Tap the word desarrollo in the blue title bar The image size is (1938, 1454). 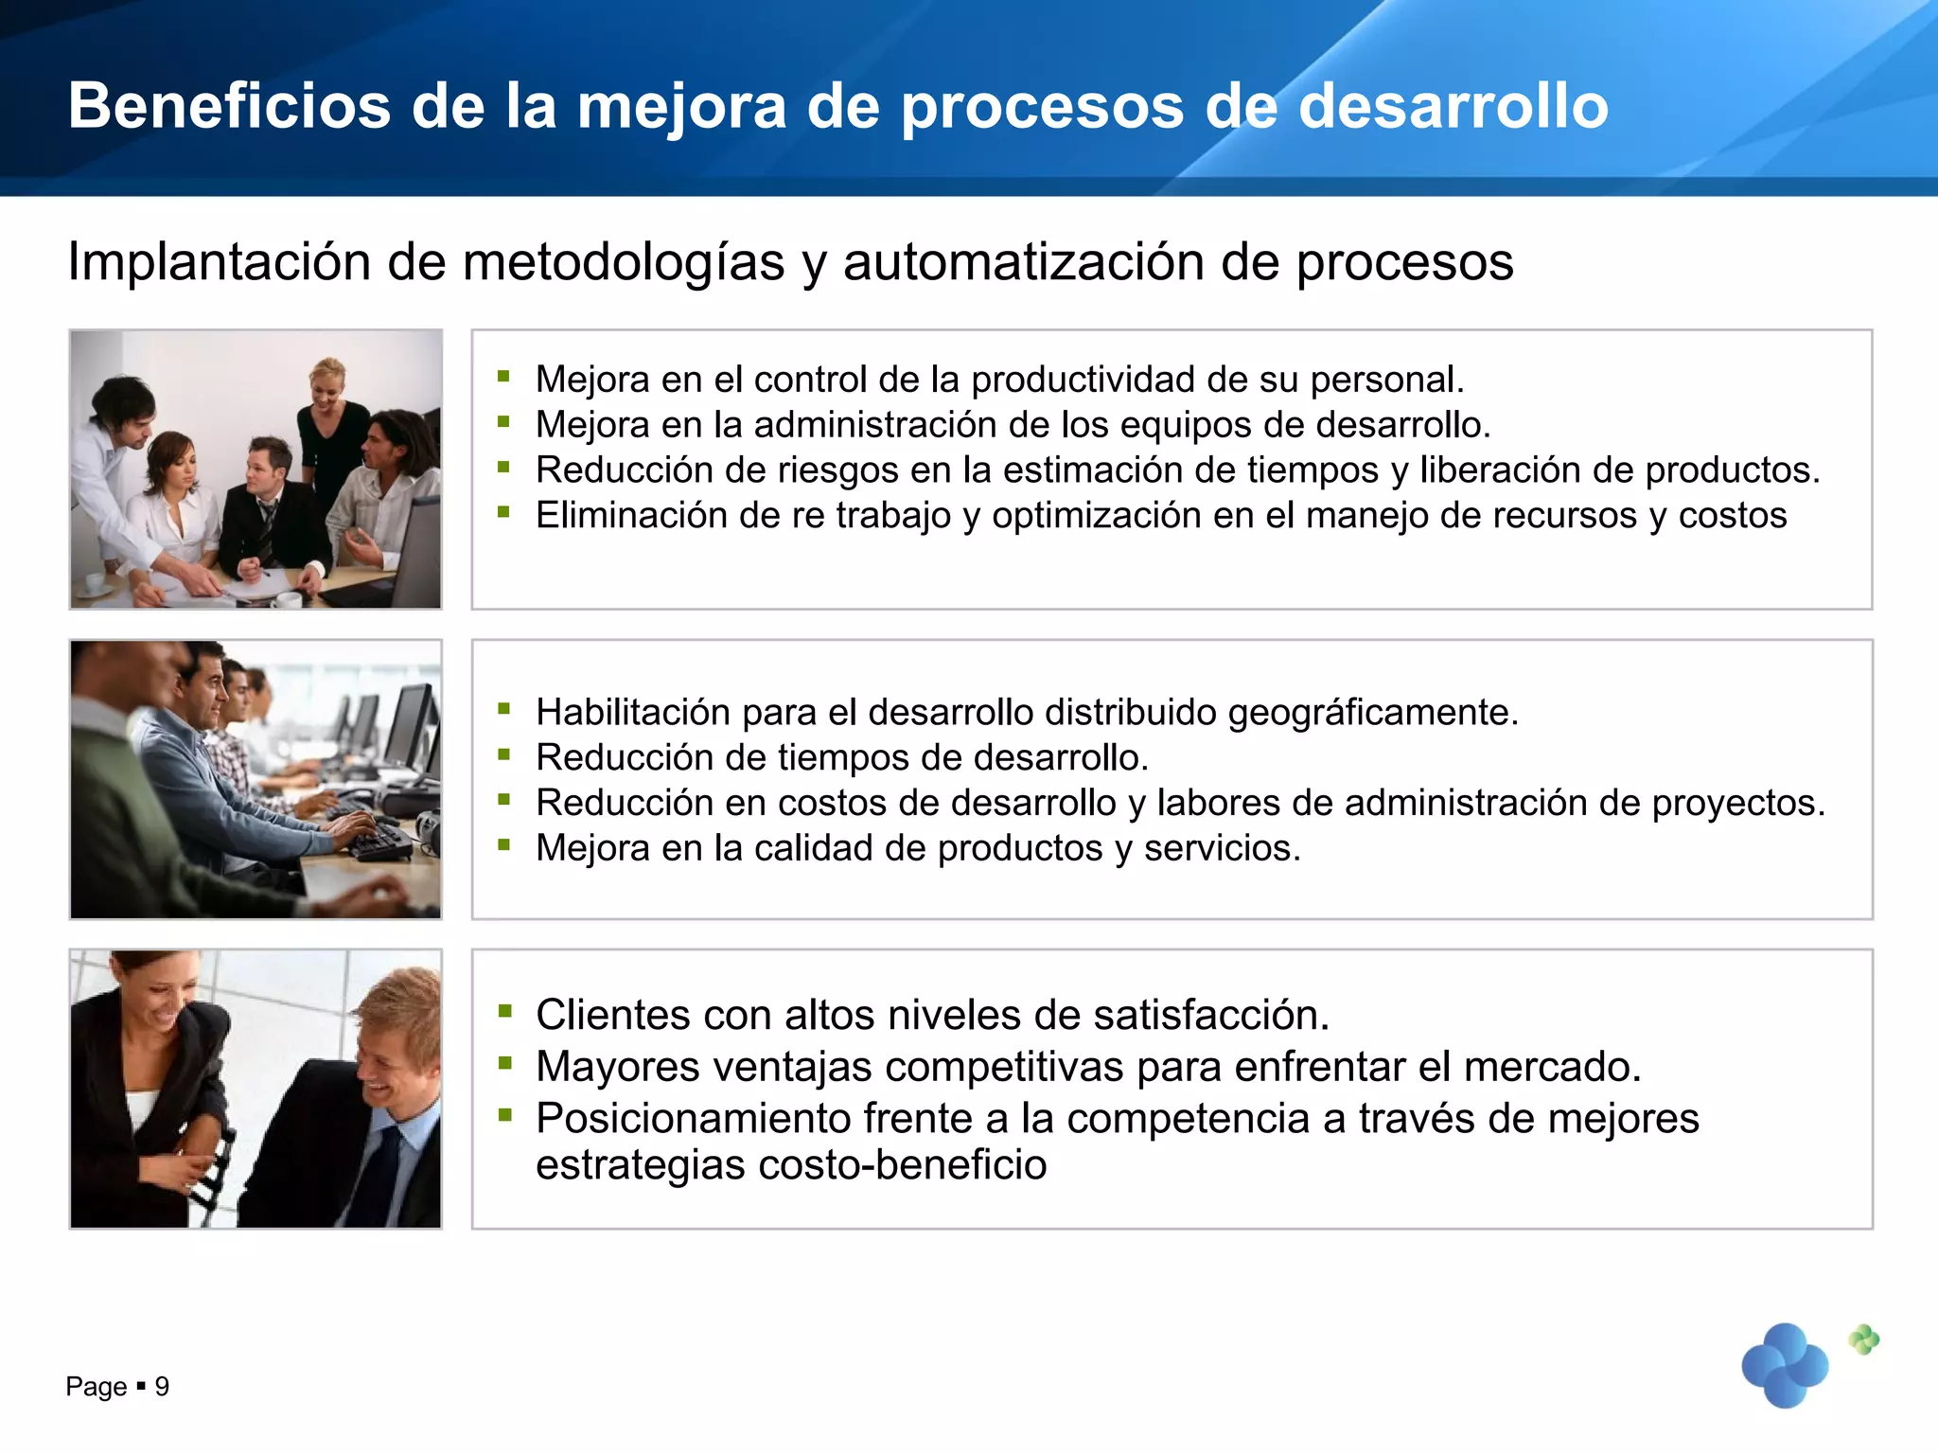click(1453, 106)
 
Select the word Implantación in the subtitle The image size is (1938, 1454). click(219, 262)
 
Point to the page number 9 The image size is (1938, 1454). click(162, 1387)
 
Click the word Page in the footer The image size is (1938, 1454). click(96, 1388)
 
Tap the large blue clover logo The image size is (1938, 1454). click(1785, 1365)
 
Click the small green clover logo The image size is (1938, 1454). click(1863, 1339)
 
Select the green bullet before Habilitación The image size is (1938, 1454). click(504, 708)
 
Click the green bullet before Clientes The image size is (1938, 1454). click(505, 1011)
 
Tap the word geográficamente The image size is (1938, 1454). click(1372, 713)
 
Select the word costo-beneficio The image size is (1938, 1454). click(903, 1165)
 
